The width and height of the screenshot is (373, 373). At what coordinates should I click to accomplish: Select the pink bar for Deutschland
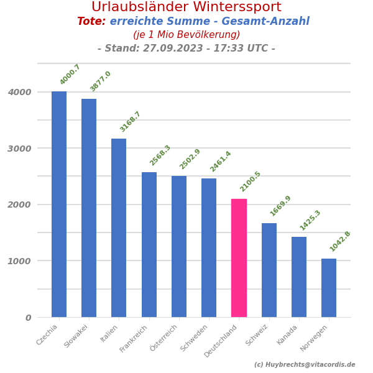tap(239, 258)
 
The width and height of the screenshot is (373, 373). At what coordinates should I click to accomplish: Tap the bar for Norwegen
tap(329, 288)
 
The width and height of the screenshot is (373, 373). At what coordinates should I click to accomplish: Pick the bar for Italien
tap(119, 228)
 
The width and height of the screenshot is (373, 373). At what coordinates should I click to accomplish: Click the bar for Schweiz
tap(269, 270)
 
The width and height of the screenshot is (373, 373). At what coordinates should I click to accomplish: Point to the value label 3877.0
tap(101, 81)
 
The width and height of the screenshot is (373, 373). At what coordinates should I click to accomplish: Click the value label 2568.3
tap(160, 155)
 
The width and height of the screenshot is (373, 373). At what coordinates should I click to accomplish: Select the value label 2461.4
tap(221, 162)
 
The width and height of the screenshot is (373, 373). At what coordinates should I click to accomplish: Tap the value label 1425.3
tap(311, 220)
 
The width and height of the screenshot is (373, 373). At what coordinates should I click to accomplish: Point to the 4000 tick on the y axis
tap(20, 92)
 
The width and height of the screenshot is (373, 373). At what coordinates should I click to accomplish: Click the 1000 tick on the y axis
tap(20, 261)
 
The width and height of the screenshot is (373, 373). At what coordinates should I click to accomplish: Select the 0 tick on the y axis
tap(28, 318)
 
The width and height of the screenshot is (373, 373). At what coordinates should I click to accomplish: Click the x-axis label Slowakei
tap(76, 336)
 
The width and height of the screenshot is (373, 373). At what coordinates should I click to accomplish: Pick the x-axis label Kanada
tap(288, 335)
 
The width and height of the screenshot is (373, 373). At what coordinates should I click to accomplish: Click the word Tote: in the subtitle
tap(91, 22)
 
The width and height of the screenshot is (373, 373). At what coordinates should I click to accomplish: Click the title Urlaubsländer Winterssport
tap(186, 7)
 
